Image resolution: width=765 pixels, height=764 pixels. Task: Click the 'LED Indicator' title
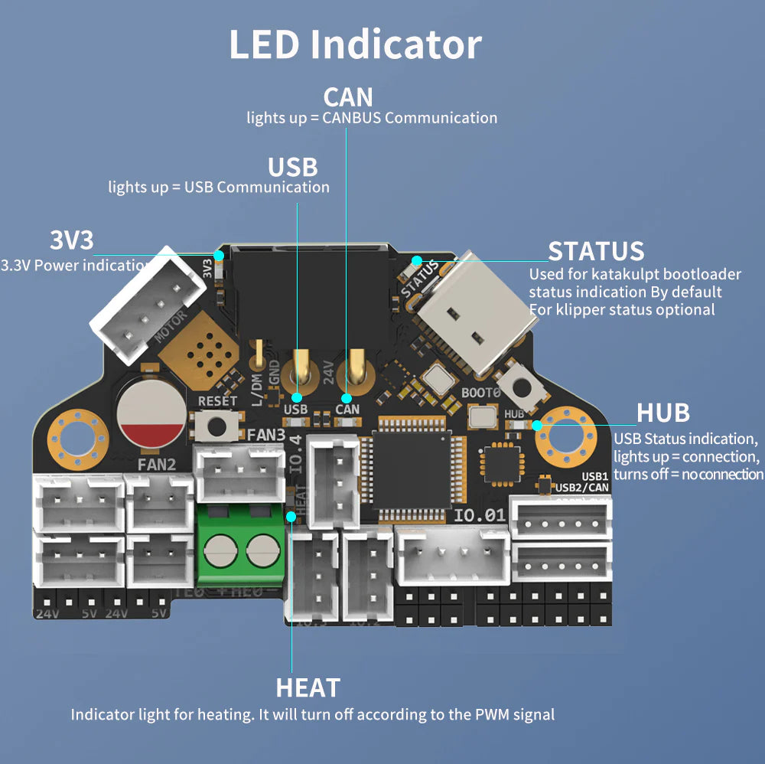[355, 44]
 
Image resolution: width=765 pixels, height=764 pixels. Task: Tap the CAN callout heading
[348, 97]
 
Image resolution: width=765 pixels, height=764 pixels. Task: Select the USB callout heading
[292, 167]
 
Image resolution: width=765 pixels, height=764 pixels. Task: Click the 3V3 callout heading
[71, 240]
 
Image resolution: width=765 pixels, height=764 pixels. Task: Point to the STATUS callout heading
[596, 251]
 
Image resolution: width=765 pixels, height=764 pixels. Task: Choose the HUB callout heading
[663, 413]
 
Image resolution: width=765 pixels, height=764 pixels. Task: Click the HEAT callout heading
[308, 687]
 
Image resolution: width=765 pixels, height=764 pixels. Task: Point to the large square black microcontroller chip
[411, 469]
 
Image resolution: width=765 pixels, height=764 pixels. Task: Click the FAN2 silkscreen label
[157, 464]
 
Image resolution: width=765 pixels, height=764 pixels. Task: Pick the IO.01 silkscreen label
[480, 515]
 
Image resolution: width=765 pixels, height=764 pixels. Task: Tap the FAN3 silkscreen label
[267, 435]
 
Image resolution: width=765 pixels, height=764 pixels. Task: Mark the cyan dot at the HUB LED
[537, 425]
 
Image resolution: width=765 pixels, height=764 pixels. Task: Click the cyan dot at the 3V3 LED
[219, 254]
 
